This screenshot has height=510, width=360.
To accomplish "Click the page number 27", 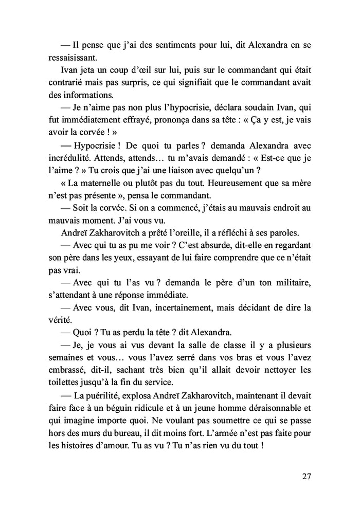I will [307, 476].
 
